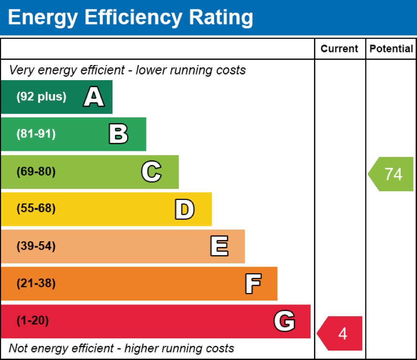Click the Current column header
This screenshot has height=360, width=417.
(339, 49)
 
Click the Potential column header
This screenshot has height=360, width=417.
(391, 49)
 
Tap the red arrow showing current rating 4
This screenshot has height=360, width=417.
(340, 333)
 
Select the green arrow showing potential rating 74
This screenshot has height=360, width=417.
(391, 174)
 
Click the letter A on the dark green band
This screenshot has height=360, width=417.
(94, 97)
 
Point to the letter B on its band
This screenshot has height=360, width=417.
(118, 134)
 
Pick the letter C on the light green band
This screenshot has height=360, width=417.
(151, 172)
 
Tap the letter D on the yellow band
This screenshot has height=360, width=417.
(184, 209)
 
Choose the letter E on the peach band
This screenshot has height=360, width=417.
(219, 246)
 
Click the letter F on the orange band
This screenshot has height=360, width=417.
(253, 284)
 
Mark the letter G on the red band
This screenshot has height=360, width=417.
(284, 321)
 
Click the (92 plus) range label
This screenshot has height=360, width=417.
(41, 97)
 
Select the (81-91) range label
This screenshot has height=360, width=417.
(36, 134)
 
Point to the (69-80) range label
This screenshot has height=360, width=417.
(36, 172)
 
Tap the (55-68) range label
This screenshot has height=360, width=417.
(36, 209)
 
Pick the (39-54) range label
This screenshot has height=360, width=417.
(36, 246)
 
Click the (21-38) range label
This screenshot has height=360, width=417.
(36, 284)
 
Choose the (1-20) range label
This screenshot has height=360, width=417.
(32, 321)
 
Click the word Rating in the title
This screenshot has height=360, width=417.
(221, 17)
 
